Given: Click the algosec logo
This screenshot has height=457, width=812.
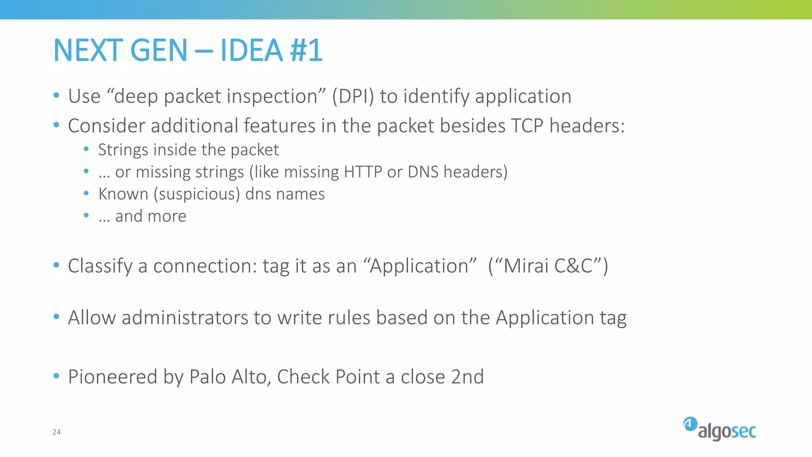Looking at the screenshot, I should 719,429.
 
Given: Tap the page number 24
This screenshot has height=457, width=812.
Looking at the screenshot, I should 57,432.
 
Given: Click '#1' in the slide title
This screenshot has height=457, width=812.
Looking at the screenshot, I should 306,50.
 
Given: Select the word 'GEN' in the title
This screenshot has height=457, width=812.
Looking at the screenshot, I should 159,50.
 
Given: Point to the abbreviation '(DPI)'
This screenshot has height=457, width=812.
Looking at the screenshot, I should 353,96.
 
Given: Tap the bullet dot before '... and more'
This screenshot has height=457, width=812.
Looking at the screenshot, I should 86,215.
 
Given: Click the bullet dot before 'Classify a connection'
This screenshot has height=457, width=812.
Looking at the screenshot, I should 56,265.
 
